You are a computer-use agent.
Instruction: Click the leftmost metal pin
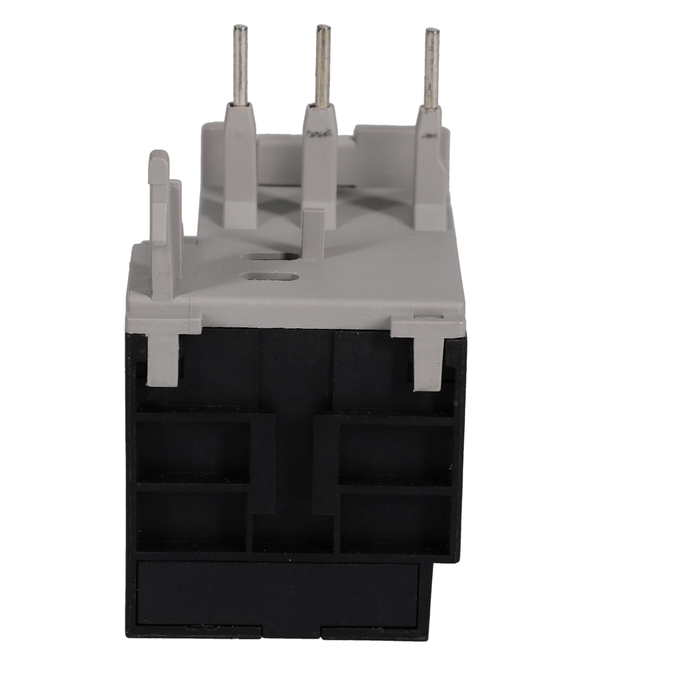coord(240,64)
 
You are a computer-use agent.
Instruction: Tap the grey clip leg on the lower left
coord(163,359)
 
